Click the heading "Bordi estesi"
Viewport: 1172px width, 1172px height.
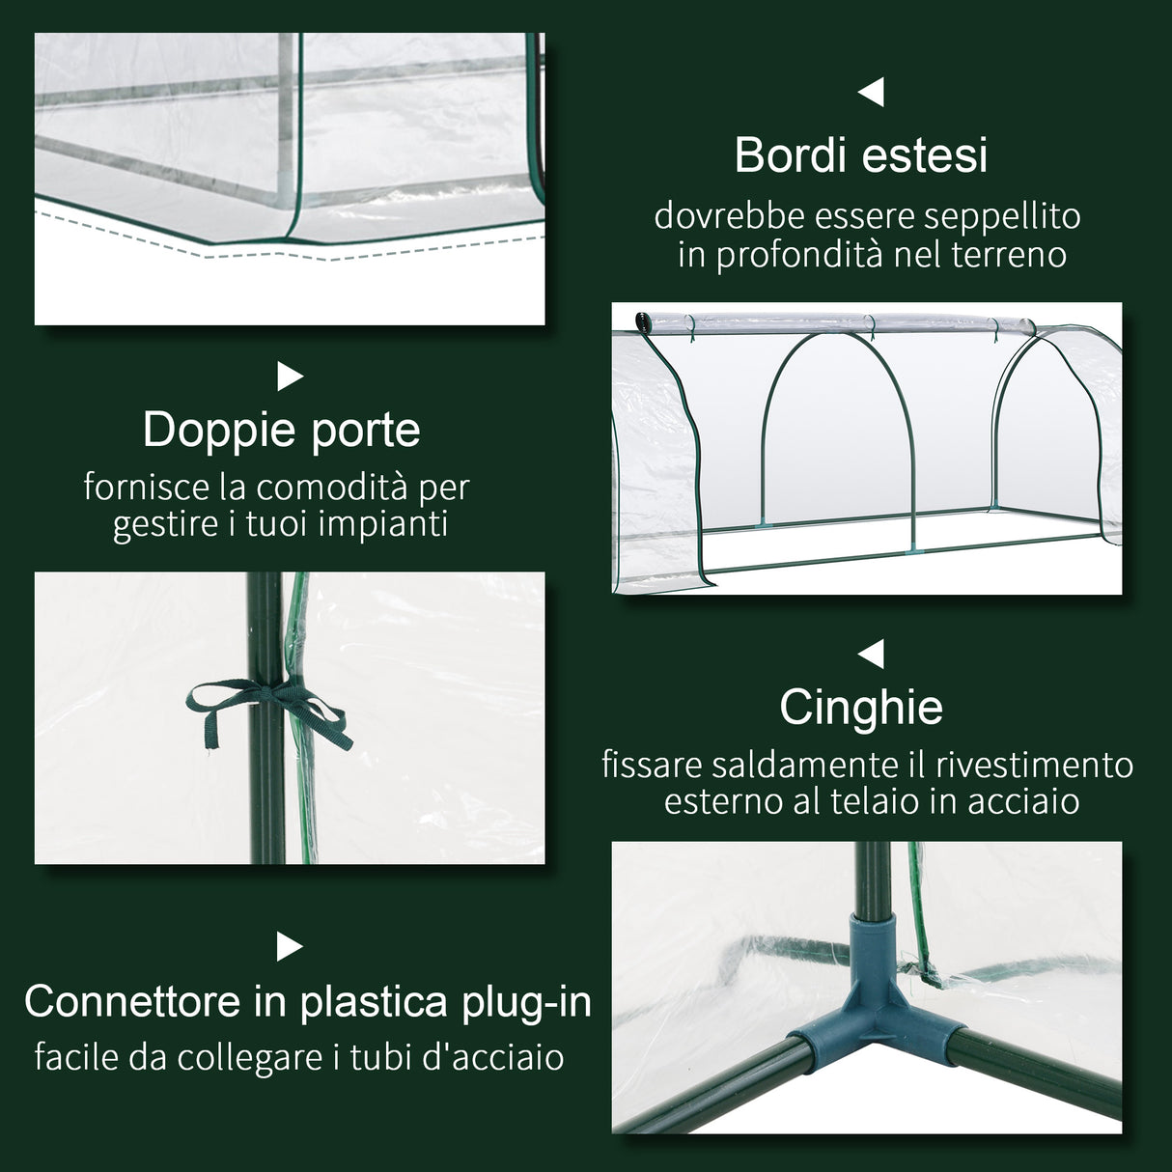(861, 155)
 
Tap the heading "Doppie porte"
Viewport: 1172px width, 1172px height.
(281, 431)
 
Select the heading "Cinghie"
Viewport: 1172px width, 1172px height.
(861, 708)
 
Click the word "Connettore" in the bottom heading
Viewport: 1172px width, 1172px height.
(133, 1002)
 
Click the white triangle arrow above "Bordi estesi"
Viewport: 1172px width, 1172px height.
(872, 93)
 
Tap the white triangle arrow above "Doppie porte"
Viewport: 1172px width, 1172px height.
(290, 377)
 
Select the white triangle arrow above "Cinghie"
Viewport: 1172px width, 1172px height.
(872, 655)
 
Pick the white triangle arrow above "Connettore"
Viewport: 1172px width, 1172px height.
(290, 947)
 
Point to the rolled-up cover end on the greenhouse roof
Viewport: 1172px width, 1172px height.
(642, 321)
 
